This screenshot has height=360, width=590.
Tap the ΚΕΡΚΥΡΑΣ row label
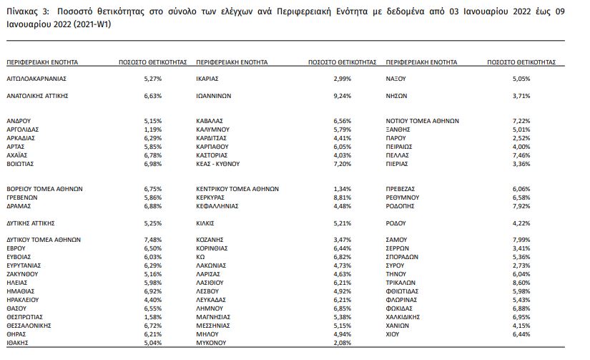pyautogui.click(x=212, y=197)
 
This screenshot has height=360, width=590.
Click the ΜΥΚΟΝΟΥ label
pyautogui.click(x=212, y=342)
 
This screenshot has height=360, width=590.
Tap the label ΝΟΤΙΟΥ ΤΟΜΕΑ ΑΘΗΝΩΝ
pyautogui.click(x=423, y=120)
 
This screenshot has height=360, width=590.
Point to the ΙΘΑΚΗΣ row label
pyautogui.click(x=19, y=342)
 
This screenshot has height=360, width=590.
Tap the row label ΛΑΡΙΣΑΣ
pyautogui.click(x=210, y=273)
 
